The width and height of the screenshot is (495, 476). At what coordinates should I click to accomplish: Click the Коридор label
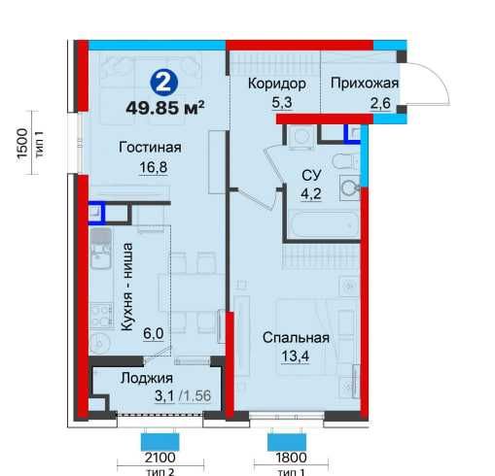[x=277, y=84]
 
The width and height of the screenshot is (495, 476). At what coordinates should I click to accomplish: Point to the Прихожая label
[x=364, y=84]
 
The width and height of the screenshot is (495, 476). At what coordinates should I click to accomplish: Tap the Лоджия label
[x=147, y=379]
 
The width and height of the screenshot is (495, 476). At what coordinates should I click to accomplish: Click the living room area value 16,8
[x=151, y=165]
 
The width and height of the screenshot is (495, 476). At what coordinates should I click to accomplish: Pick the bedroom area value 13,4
[x=296, y=356]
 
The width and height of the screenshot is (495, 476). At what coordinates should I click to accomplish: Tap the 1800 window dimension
[x=290, y=458]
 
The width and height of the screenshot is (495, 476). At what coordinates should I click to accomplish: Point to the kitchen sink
[x=100, y=255]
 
